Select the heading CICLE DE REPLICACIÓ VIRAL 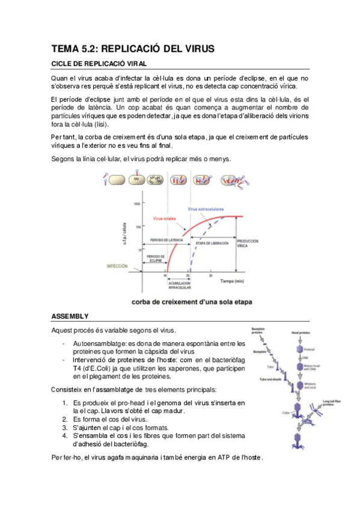tap(99, 63)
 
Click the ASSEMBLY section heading tap(70, 316)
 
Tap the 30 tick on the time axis tap(210, 275)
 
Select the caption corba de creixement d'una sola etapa tap(192, 302)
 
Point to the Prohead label tap(308, 350)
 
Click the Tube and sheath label tap(271, 380)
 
